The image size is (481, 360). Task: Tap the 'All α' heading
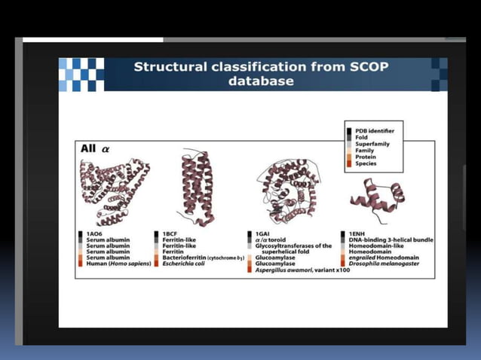(95, 149)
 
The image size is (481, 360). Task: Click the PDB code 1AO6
(95, 234)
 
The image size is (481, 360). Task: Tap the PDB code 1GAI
(263, 234)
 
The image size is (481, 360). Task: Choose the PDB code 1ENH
(357, 234)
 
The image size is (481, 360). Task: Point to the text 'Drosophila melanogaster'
(388, 264)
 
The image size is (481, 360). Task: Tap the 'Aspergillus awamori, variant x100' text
(302, 270)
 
